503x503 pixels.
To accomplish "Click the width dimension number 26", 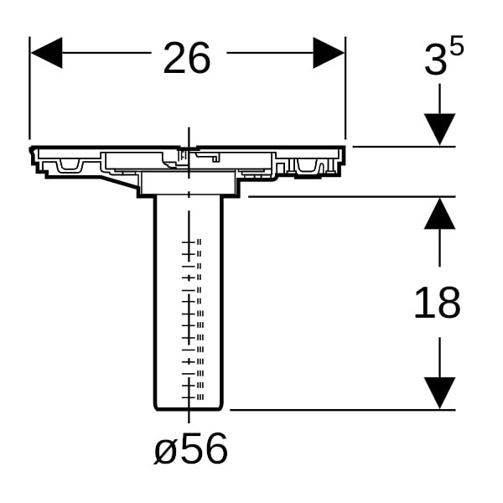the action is coord(187,58).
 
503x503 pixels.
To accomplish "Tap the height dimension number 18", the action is coord(438,303).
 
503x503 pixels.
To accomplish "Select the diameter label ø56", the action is coord(190,448).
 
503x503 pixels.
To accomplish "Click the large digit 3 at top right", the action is coord(435,60).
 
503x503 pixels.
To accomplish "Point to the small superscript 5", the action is coord(457,45).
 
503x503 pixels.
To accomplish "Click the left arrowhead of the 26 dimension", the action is coord(46,53).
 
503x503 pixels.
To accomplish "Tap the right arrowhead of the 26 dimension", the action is coord(329,53).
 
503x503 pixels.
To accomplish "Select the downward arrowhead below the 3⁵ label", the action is coord(439,129).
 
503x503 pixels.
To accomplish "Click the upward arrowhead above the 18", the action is coord(439,213).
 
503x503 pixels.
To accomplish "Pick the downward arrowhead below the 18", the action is coord(439,393).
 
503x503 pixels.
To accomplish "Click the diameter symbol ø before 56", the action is coord(165,452).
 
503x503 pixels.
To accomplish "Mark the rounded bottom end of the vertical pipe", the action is coord(189,408).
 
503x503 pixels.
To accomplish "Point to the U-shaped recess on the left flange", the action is coord(70,164).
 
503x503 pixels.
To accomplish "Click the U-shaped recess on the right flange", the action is coord(307,165).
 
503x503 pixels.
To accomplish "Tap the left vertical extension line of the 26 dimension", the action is coord(29,88).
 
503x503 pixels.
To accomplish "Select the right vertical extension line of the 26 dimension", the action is coord(345,88).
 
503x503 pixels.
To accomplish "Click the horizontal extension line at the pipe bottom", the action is coord(343,410).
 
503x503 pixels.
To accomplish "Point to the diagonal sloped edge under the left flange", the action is coord(119,183).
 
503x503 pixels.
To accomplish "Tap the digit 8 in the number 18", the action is coord(449,303).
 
